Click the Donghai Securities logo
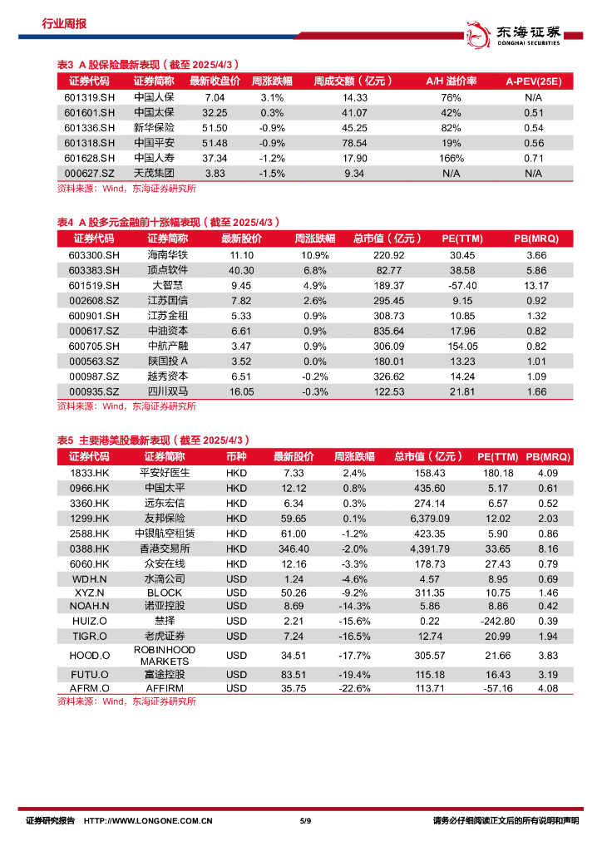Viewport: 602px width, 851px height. pos(513,32)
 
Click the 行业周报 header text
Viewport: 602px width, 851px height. pos(64,24)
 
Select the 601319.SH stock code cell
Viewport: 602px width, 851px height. pos(89,97)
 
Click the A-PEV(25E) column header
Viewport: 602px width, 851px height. pos(533,81)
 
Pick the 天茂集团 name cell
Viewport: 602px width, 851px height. pos(154,173)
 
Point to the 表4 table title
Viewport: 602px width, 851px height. pos(167,222)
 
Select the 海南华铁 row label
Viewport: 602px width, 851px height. pos(168,255)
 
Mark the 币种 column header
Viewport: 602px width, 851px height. pos(236,457)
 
